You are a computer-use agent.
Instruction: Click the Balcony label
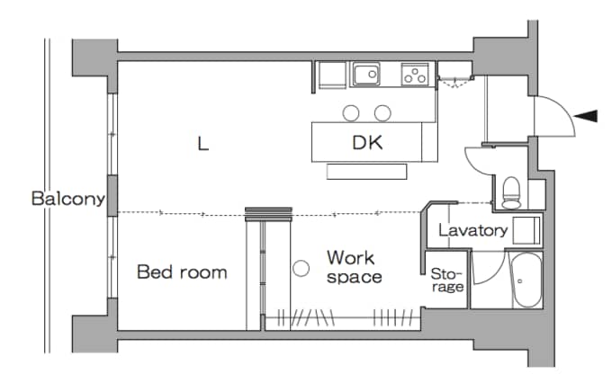[x=68, y=199]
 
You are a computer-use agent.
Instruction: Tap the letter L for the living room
[x=203, y=144]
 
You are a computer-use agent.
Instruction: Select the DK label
[x=367, y=142]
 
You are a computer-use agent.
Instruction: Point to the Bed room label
[x=182, y=272]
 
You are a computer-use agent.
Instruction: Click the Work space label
[x=354, y=267]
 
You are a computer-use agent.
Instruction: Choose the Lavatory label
[x=472, y=230]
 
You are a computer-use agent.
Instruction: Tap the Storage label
[x=447, y=281]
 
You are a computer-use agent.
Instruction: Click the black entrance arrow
[x=586, y=116]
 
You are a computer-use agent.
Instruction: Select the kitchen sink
[x=366, y=74]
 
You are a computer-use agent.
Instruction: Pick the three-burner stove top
[x=415, y=74]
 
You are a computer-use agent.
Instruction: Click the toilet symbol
[x=512, y=192]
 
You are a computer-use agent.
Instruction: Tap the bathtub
[x=526, y=280]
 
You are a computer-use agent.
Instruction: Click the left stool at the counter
[x=351, y=113]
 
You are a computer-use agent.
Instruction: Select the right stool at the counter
[x=382, y=113]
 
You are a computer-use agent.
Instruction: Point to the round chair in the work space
[x=301, y=268]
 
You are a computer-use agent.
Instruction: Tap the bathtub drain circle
[x=520, y=281]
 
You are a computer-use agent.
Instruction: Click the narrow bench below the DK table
[x=367, y=172]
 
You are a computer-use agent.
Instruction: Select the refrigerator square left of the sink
[x=332, y=75]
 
